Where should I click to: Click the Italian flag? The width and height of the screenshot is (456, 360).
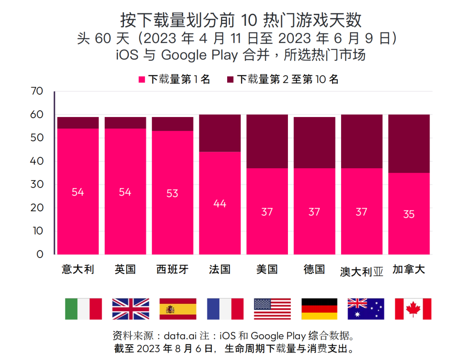tap(83, 308)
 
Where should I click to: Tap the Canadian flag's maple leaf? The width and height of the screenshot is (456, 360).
tap(413, 309)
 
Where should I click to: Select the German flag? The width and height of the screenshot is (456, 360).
tap(319, 308)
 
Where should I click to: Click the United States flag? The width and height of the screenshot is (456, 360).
tap(272, 308)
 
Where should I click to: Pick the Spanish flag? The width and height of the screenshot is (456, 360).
tap(178, 308)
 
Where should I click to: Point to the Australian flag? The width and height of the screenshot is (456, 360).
tap(366, 308)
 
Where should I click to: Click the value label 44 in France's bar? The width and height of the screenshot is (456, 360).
tap(220, 204)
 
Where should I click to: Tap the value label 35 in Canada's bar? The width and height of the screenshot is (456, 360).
tap(409, 214)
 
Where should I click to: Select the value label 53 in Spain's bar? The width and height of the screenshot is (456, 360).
tap(172, 193)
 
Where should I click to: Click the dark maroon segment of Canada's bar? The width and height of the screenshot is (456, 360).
tap(409, 143)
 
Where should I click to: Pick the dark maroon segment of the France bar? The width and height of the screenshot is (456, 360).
tap(220, 133)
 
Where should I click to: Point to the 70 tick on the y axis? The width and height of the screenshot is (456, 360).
tap(37, 91)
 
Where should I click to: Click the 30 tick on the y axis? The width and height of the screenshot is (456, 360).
tap(37, 185)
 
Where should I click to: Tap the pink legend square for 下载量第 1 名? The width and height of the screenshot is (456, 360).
tap(142, 79)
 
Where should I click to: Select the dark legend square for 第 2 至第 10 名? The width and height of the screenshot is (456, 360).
tap(231, 79)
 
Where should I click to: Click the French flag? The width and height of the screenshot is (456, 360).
tap(225, 308)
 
